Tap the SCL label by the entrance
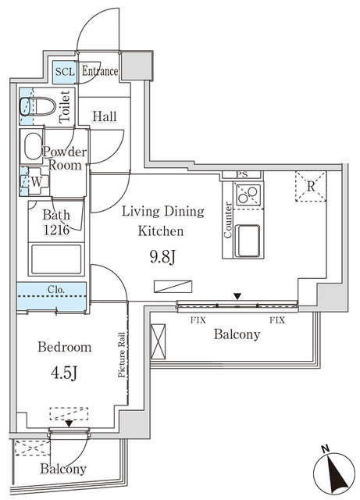[64, 72]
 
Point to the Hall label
[104, 116]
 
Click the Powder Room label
[65, 159]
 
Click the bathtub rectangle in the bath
[55, 259]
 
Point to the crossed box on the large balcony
[159, 341]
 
